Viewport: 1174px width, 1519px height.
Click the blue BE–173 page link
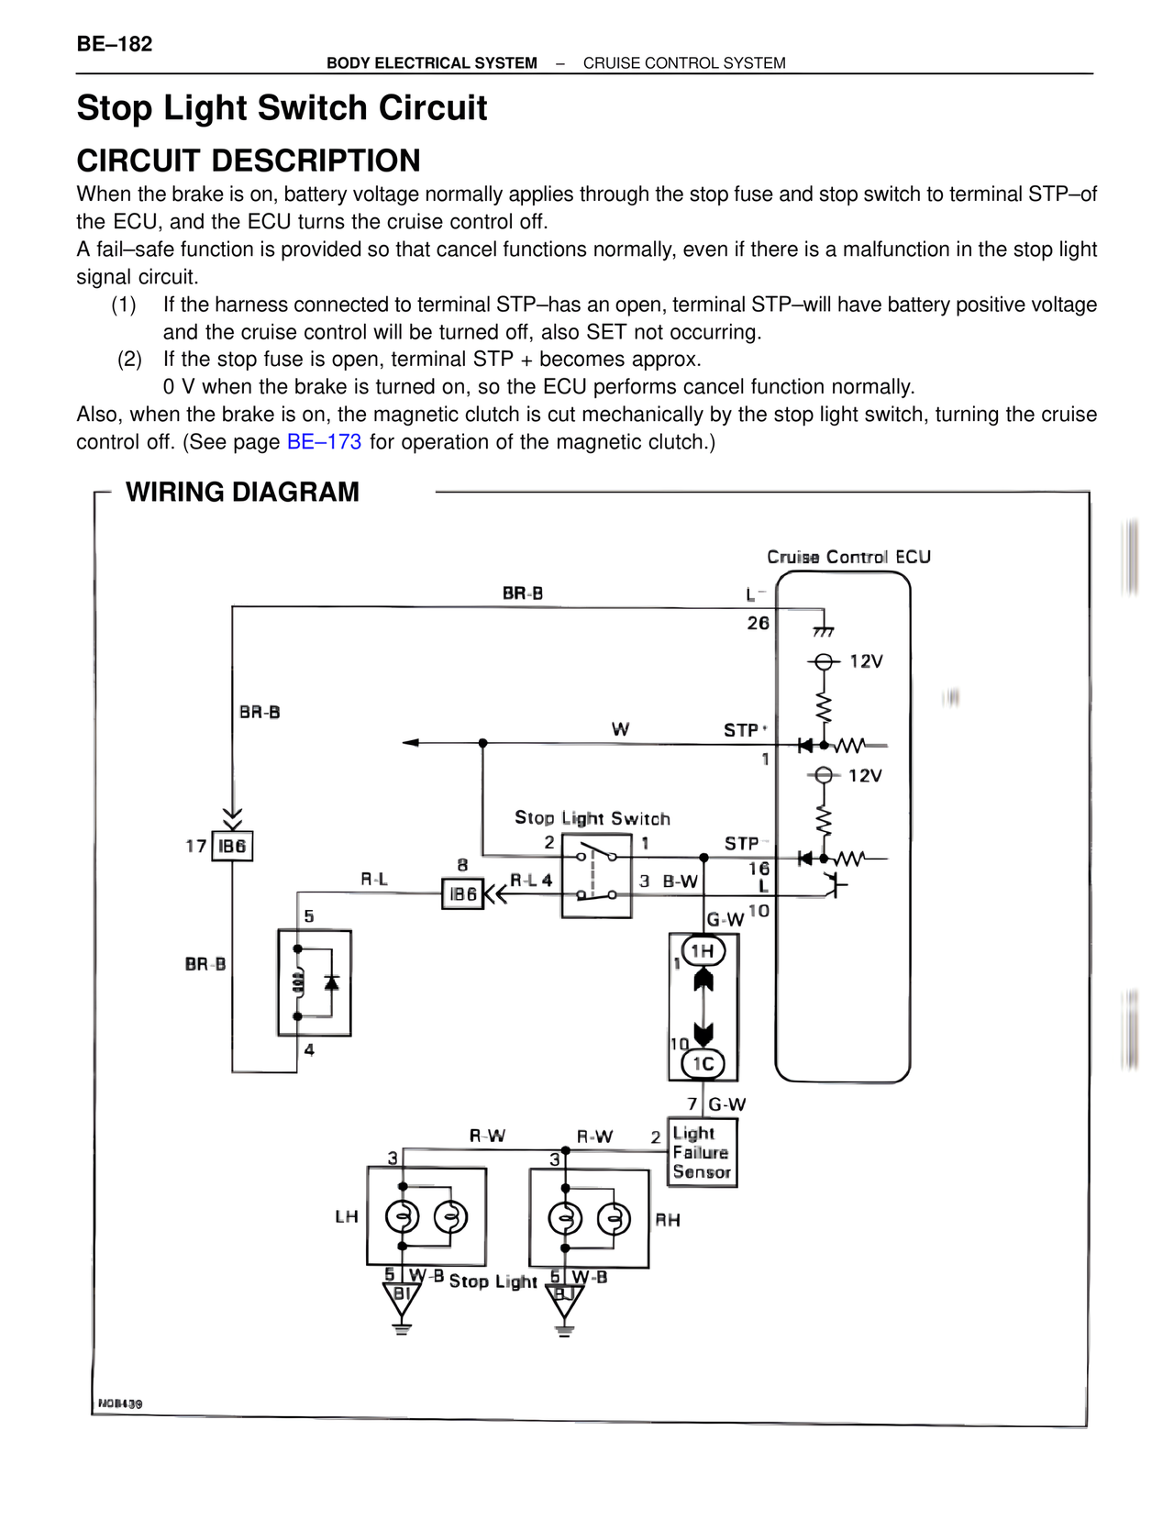[x=324, y=442]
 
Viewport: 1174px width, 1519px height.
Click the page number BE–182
[x=115, y=44]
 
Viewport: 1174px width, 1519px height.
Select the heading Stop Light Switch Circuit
[x=282, y=108]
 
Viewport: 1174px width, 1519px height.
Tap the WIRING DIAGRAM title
[x=242, y=493]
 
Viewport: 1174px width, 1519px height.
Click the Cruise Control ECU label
[x=848, y=557]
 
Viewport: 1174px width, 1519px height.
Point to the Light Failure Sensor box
[x=702, y=1153]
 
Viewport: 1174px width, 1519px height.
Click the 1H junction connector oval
[x=703, y=952]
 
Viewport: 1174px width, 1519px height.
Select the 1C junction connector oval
[x=703, y=1064]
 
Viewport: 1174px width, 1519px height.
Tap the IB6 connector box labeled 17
[x=232, y=846]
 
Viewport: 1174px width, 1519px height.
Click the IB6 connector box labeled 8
[x=462, y=893]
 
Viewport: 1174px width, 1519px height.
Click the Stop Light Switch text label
[x=592, y=818]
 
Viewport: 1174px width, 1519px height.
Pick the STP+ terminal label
[x=744, y=730]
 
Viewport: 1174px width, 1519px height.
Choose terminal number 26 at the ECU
[x=758, y=624]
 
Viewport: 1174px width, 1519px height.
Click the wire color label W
[x=620, y=730]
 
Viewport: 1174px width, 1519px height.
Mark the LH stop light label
[x=346, y=1217]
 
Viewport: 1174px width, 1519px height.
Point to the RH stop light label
[x=668, y=1220]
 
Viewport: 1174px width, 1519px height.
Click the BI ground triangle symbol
[x=401, y=1298]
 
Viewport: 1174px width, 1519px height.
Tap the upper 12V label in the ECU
[x=865, y=662]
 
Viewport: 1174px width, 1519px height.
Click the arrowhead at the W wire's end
[x=411, y=743]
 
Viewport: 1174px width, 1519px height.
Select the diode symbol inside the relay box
[x=332, y=982]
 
